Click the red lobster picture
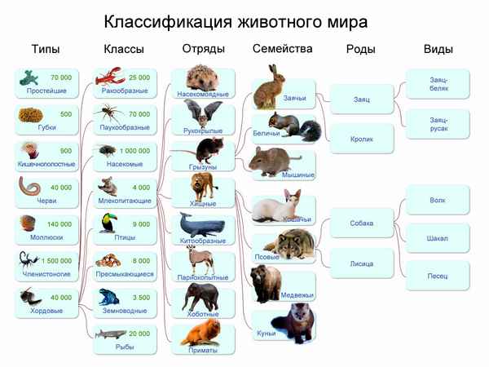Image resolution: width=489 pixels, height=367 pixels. pos(107,79)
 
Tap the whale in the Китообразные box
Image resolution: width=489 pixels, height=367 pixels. pos(197,224)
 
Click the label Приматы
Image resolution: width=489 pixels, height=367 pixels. pos(203,350)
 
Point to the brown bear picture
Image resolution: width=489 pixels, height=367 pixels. pos(267,281)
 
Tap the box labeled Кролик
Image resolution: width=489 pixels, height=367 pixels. pos(361,139)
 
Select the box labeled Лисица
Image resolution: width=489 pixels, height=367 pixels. pos(361,263)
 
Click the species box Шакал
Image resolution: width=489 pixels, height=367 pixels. pos(438,238)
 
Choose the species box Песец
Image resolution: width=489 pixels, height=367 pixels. pos(438,276)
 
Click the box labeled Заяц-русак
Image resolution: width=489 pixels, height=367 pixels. pos(438,124)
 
